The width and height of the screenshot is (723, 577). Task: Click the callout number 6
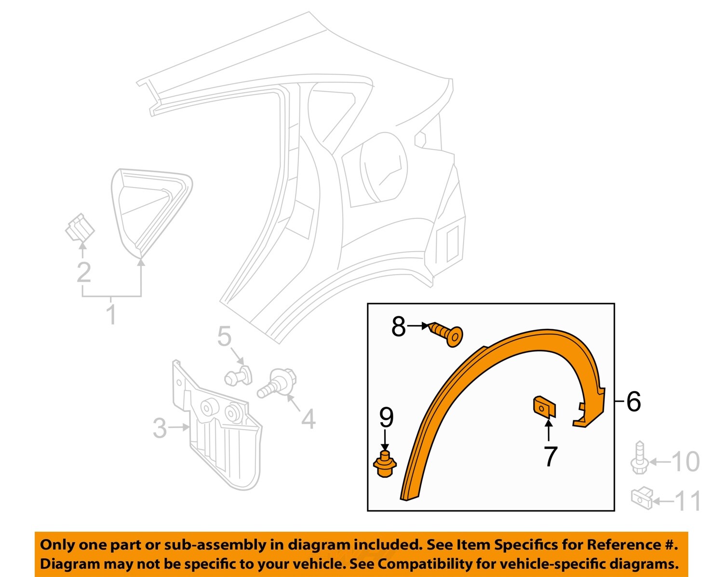coord(634,401)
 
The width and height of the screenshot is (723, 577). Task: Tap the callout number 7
coord(550,456)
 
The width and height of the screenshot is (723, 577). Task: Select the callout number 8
coord(399,327)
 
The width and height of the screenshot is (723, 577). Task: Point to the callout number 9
coord(386,417)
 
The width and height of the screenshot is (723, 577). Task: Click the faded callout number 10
coord(685,462)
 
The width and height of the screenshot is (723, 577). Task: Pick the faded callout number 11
coord(688,501)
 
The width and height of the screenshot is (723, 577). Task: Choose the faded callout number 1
coord(111,314)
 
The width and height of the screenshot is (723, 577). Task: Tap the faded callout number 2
coord(84,272)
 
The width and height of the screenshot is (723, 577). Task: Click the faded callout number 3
coord(160,428)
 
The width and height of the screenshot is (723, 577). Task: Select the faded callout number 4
coord(308,419)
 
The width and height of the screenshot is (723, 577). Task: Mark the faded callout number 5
coord(224,336)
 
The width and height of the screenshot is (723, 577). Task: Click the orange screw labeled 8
coord(447,334)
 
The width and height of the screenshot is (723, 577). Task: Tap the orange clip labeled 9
coord(385,464)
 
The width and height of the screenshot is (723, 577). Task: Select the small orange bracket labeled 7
coord(544,407)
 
